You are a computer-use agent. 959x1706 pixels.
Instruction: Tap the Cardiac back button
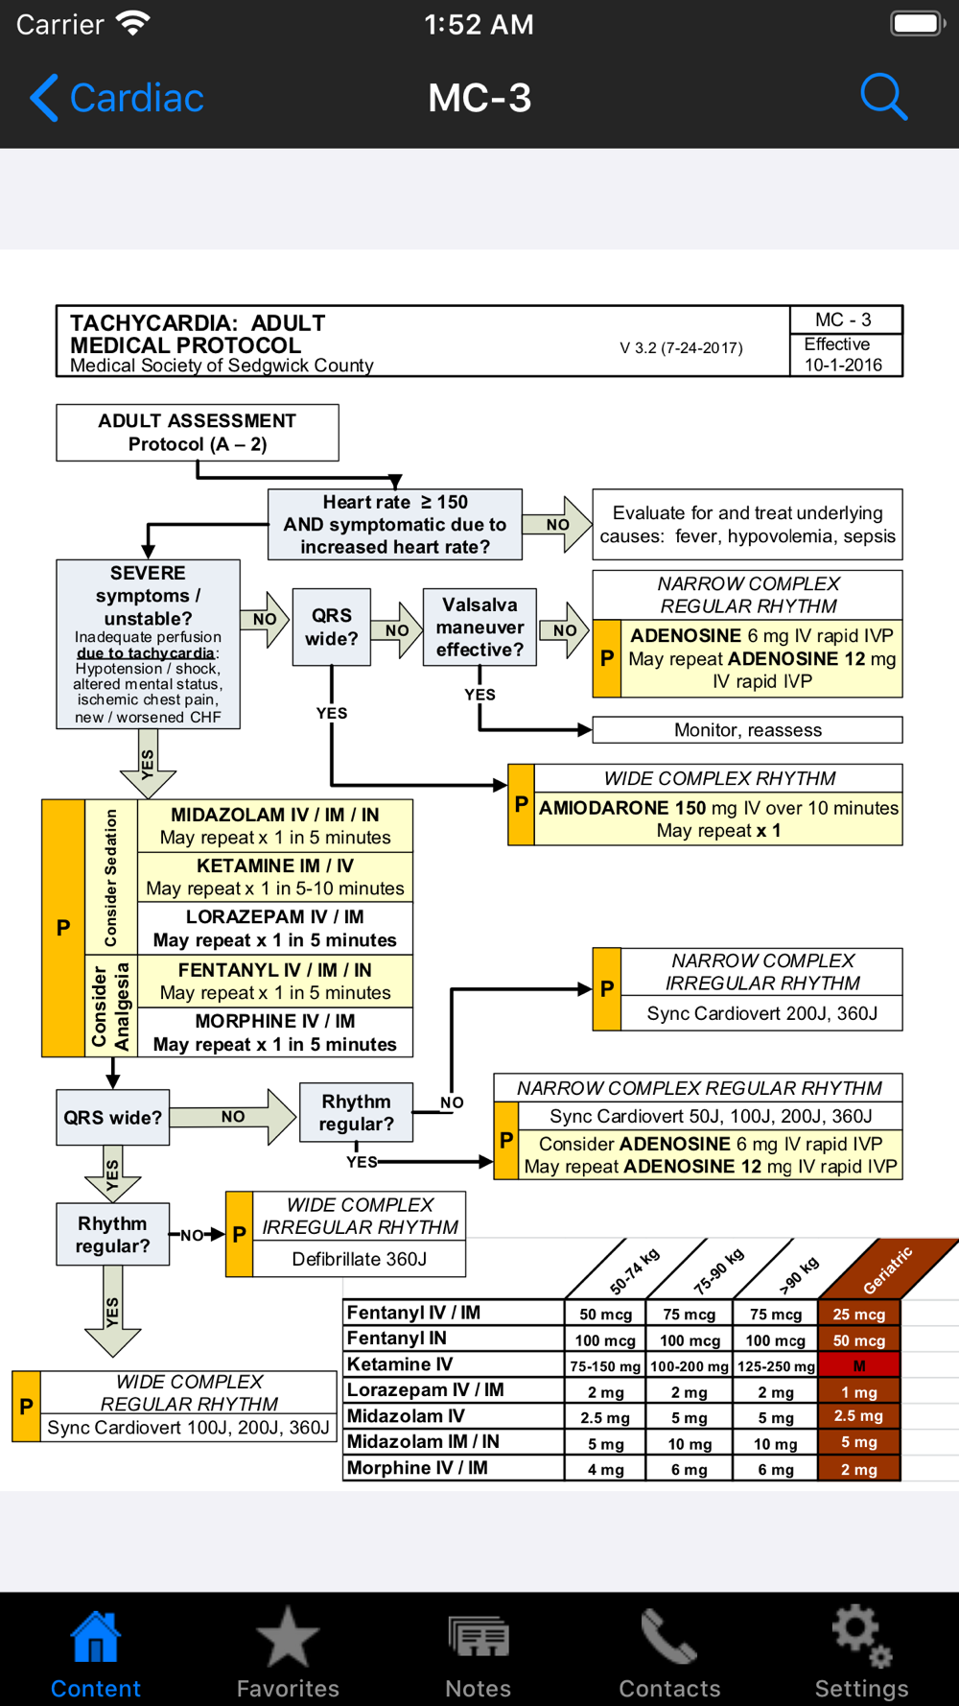tap(117, 98)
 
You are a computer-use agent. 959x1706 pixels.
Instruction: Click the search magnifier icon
tap(883, 97)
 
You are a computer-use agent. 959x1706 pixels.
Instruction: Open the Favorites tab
tap(288, 1651)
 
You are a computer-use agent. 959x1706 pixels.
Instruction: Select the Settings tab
tap(861, 1651)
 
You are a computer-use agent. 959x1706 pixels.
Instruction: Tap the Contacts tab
tap(669, 1651)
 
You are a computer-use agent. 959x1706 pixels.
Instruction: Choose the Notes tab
tap(479, 1651)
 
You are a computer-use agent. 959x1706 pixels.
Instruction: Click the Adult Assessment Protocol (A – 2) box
tap(198, 433)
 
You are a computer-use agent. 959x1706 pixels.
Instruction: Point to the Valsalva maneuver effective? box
tap(479, 628)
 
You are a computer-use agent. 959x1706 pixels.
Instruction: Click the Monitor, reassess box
tap(748, 730)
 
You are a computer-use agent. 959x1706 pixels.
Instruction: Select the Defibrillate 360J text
tap(360, 1259)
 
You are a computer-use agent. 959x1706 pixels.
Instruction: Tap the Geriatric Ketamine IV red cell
tap(859, 1365)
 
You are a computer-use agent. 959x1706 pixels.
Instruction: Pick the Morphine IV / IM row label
tap(417, 1468)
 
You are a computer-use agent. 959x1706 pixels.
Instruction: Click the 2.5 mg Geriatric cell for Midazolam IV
tap(859, 1416)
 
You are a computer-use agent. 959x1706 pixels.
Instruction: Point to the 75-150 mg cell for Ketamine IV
tap(605, 1365)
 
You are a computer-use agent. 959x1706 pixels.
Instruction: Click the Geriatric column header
tap(887, 1269)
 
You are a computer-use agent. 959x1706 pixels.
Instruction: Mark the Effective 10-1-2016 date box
tap(845, 355)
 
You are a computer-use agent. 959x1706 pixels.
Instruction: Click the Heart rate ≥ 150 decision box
tap(395, 525)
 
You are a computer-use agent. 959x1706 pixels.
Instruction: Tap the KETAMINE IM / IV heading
tap(275, 865)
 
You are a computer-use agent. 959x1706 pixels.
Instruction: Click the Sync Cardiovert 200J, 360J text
tap(762, 1013)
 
